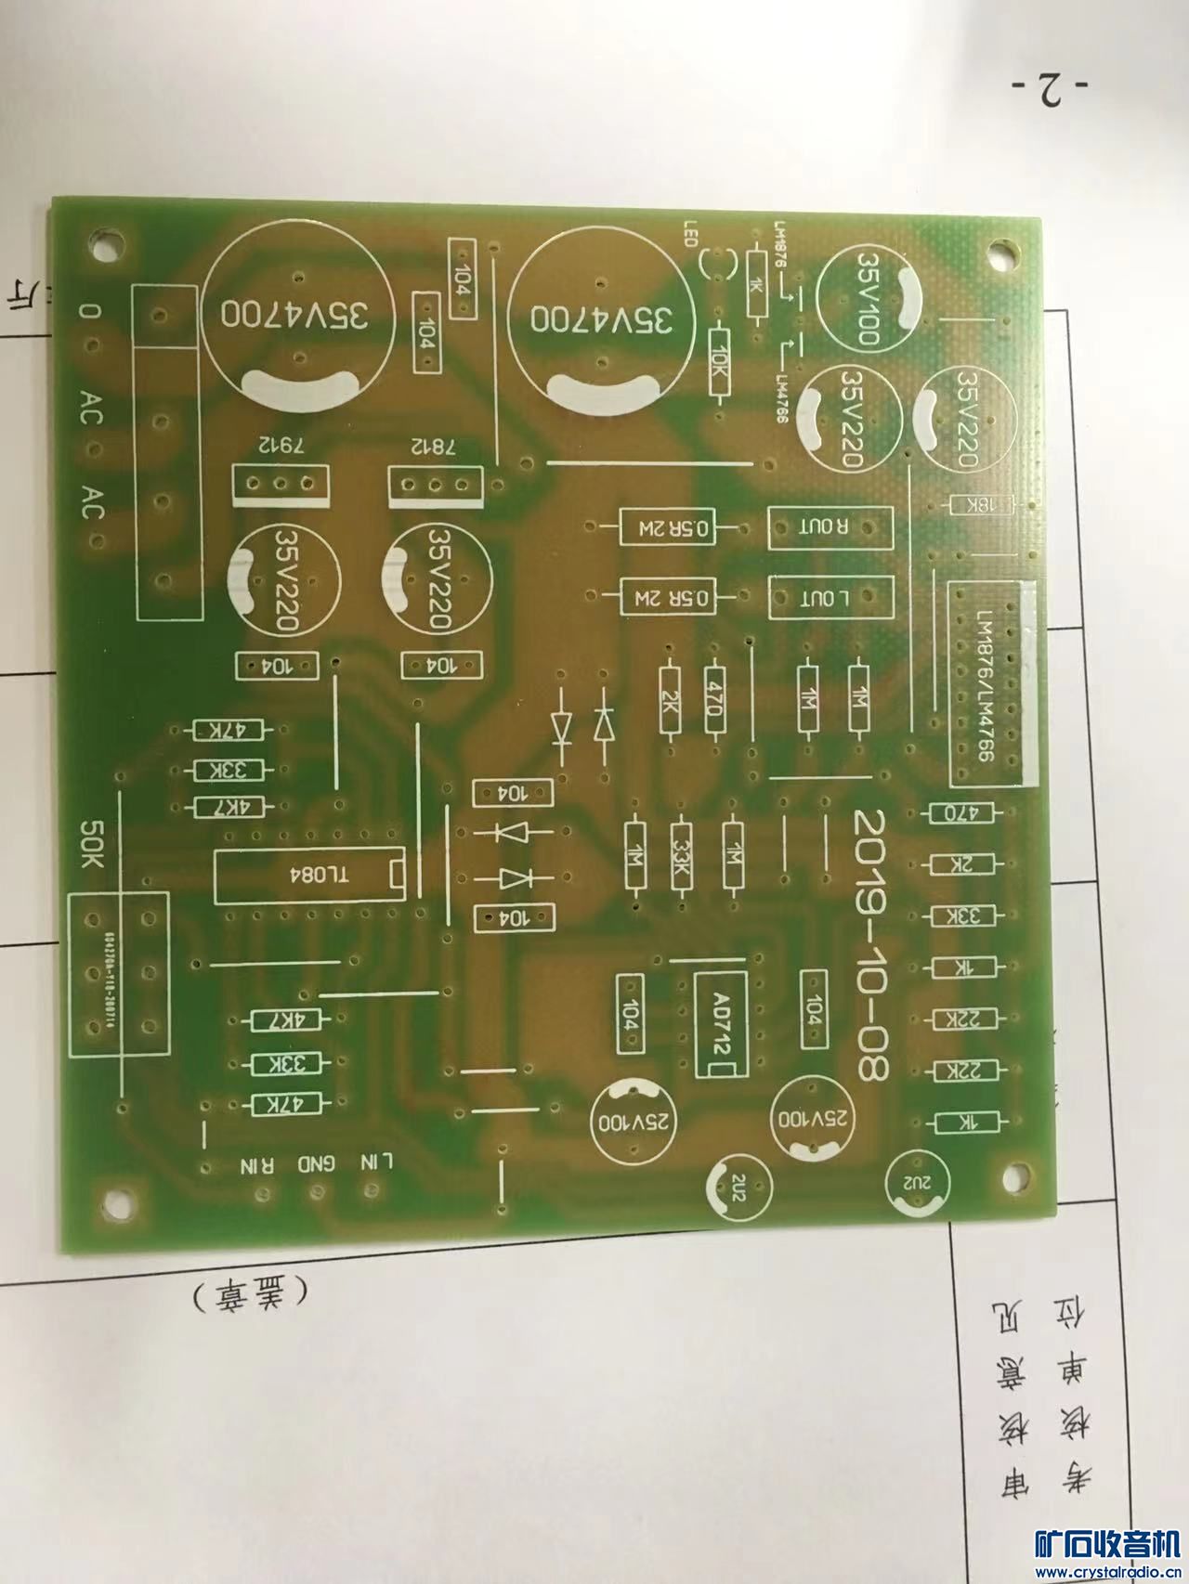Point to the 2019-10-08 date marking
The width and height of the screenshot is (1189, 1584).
869,944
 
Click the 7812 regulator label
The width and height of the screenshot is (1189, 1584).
437,447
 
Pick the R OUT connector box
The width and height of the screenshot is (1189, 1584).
830,527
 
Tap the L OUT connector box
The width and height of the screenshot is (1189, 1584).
830,598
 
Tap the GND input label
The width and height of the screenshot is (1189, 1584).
317,1164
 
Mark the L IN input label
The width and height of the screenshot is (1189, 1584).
376,1162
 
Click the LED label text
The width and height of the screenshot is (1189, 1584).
690,234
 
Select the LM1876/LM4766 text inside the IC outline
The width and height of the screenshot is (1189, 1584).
985,685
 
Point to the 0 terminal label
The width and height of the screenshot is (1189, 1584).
88,312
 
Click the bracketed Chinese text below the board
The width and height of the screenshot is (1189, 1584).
251,1293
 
